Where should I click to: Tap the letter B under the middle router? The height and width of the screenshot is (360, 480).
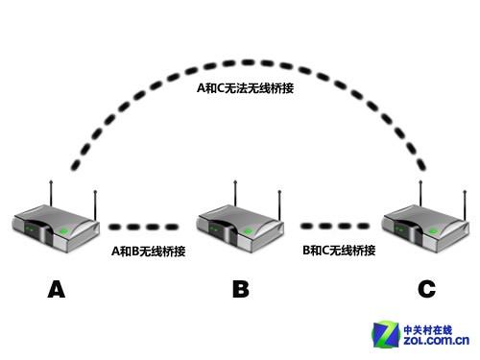pyautogui.click(x=241, y=289)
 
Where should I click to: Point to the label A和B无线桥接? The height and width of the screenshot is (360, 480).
pyautogui.click(x=148, y=251)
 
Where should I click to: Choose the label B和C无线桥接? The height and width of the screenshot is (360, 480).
pyautogui.click(x=338, y=251)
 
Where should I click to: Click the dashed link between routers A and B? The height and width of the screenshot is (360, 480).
pyautogui.click(x=144, y=228)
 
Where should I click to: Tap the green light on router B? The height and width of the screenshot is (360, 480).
pyautogui.click(x=249, y=230)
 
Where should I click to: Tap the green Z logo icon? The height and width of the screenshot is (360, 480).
pyautogui.click(x=389, y=333)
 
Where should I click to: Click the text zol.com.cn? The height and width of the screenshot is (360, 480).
pyautogui.click(x=436, y=341)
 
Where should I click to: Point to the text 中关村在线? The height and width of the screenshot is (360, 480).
pyautogui.click(x=437, y=326)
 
